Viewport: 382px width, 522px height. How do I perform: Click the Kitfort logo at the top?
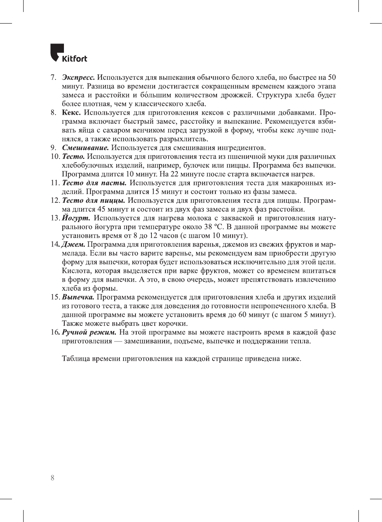[69, 53]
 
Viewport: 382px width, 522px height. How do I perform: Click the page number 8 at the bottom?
[52, 478]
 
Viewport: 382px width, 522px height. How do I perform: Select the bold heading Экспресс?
[78, 77]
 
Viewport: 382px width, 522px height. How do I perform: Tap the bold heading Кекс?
[71, 113]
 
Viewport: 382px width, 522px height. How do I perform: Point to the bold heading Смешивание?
[85, 148]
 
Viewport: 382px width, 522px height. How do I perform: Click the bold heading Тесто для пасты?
[94, 183]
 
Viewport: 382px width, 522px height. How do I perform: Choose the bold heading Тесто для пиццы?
[94, 200]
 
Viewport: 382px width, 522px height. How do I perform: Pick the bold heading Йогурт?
[76, 218]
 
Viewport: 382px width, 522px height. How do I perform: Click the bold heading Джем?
[73, 244]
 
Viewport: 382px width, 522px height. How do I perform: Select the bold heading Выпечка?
[78, 297]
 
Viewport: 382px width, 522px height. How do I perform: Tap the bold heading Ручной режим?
[89, 332]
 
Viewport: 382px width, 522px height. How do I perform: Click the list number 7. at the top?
[53, 77]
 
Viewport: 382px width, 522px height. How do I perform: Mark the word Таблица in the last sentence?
[76, 359]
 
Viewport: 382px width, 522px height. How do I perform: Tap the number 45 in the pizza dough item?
[101, 209]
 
